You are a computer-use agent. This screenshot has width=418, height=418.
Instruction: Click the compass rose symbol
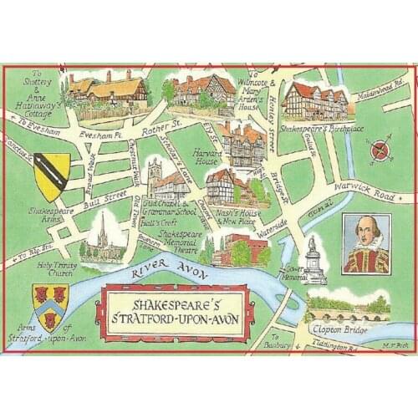click(380, 151)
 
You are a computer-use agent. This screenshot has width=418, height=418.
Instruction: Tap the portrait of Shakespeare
click(366, 243)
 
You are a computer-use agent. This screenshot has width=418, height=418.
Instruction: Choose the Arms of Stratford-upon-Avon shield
click(49, 305)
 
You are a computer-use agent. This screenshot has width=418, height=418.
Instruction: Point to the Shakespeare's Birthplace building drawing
click(314, 102)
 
